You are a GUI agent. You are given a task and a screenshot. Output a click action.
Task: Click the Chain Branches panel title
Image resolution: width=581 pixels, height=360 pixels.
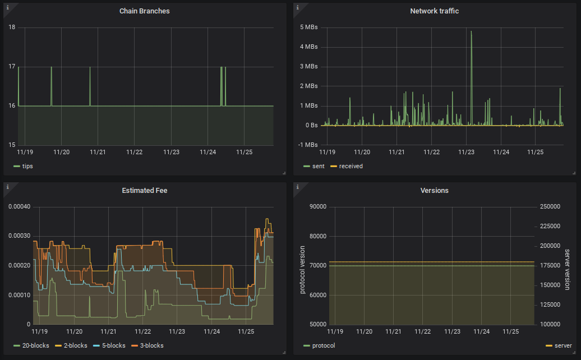(144, 11)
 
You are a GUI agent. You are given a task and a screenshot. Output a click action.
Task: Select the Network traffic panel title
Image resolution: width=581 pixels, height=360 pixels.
(435, 11)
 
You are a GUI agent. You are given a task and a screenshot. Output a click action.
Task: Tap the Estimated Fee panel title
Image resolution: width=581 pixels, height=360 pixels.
(144, 191)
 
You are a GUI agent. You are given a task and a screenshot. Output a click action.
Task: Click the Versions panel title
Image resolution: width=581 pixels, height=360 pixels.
(435, 191)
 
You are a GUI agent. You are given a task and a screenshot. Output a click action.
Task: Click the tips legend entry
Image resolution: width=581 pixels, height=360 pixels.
(27, 166)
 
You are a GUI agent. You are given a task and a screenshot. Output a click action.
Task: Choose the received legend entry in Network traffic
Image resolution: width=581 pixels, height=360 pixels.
(351, 166)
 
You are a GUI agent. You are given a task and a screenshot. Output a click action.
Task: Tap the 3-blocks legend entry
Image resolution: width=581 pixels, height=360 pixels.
(151, 345)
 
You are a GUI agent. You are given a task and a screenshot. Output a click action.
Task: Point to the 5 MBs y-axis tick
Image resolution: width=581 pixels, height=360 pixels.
(309, 27)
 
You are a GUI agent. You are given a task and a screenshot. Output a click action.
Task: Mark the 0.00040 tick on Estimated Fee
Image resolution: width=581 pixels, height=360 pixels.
(20, 206)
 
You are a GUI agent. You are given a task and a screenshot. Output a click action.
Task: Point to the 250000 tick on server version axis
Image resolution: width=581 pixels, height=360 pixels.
(550, 206)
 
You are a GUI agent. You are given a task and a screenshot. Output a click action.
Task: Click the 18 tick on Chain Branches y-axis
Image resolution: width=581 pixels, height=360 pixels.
(12, 27)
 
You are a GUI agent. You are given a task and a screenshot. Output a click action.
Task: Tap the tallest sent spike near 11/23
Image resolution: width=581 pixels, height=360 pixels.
(471, 32)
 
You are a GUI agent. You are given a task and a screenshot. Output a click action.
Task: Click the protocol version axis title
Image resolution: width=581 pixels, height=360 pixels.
(302, 269)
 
